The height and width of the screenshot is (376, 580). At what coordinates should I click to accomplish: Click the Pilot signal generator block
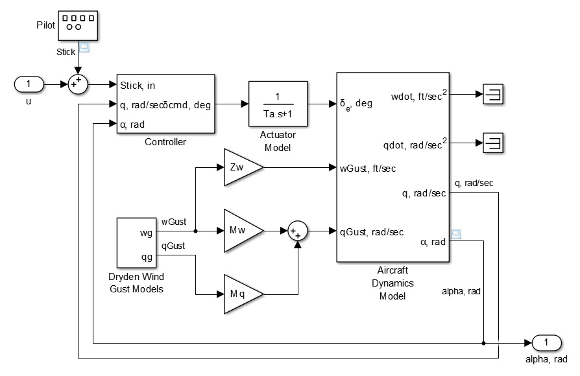tap(78, 24)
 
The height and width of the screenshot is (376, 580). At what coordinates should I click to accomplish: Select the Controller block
tap(165, 104)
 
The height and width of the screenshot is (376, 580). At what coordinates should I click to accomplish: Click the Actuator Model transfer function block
tap(277, 104)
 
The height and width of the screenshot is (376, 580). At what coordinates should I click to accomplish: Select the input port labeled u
tap(29, 84)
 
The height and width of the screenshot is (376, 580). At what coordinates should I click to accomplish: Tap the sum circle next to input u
tap(79, 84)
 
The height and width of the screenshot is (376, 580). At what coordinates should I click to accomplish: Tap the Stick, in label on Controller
tap(136, 84)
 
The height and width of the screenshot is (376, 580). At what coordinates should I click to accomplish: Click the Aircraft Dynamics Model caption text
tap(393, 283)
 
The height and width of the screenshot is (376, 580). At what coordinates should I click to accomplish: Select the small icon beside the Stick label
tap(84, 47)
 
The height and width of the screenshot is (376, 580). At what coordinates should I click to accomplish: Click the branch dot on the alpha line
tap(484, 342)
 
